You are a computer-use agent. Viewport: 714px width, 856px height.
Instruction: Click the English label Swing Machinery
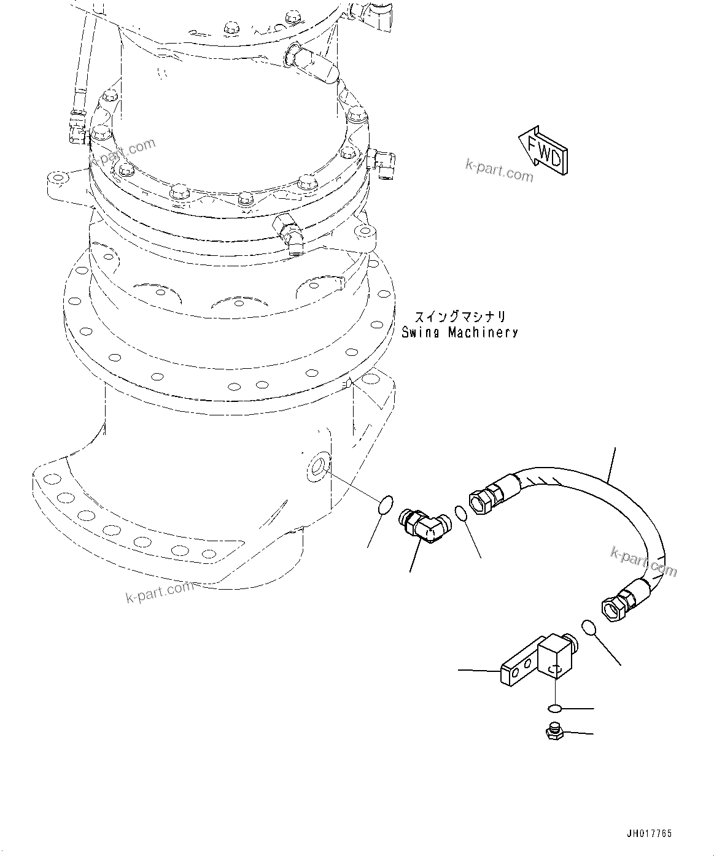[x=459, y=333]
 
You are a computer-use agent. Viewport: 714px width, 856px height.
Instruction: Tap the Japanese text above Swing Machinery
[x=460, y=317]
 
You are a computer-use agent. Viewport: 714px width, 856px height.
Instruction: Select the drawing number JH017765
[x=649, y=833]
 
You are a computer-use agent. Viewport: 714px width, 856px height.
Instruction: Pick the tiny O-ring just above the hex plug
[x=554, y=709]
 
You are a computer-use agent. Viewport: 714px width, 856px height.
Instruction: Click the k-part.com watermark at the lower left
[x=160, y=592]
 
